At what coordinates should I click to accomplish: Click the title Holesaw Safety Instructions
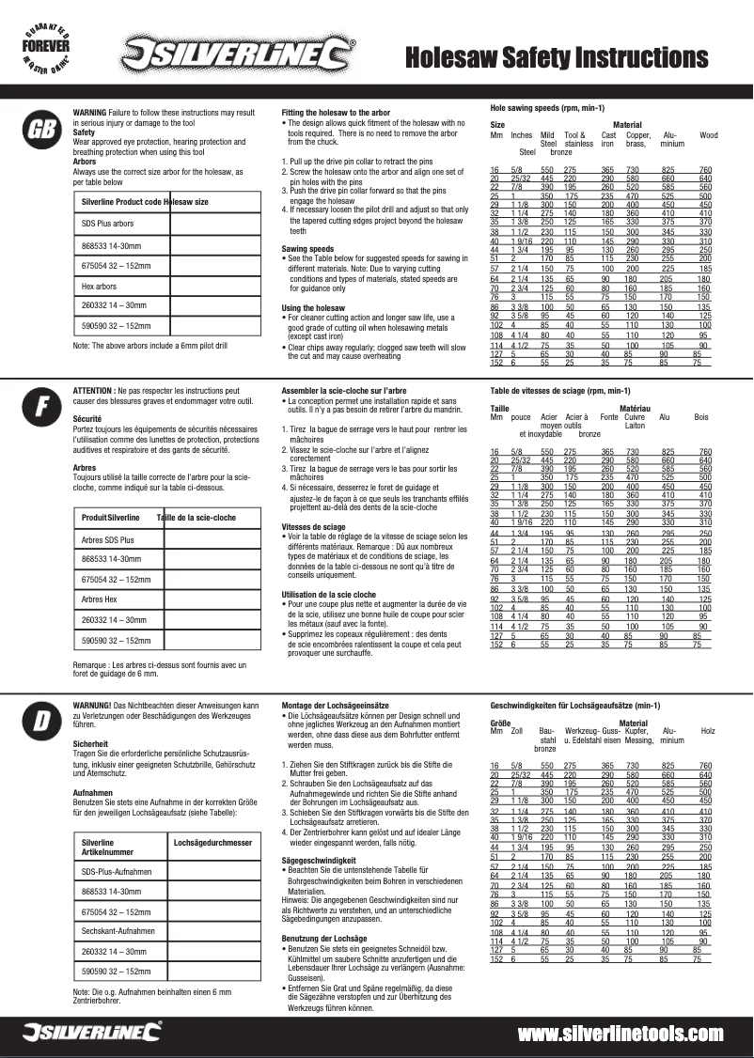pos(556,58)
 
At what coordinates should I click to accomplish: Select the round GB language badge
pos(40,130)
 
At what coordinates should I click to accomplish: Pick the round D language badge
pos(40,721)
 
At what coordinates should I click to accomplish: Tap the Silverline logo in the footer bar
pos(92,1034)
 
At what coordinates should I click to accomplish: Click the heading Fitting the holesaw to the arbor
pos(336,113)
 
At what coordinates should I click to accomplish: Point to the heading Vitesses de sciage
pos(315,527)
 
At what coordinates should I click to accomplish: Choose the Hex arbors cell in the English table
pos(100,285)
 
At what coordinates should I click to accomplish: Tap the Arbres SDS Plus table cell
pos(108,540)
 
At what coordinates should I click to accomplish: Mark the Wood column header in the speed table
pos(708,135)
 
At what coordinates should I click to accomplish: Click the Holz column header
pos(708,730)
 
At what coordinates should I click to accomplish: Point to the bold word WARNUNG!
pos(92,705)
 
